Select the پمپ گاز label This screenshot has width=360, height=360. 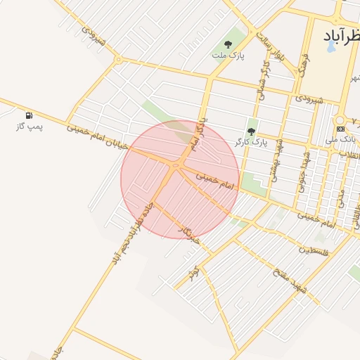point(30,127)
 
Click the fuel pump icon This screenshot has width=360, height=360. point(29,115)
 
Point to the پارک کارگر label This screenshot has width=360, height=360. point(251,143)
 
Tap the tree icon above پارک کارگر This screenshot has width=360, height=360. point(251,131)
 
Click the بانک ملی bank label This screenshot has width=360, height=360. point(341,141)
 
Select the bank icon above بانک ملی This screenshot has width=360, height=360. point(341,129)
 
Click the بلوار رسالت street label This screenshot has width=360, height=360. point(270,46)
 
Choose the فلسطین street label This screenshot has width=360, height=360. point(312,249)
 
